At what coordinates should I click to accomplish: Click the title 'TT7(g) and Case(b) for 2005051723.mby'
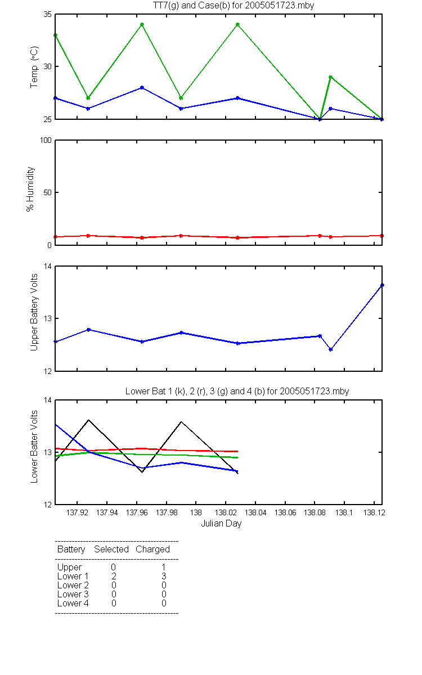coord(234,5)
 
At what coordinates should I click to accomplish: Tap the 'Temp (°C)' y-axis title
coord(34,67)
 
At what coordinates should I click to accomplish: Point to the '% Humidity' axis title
coord(30,189)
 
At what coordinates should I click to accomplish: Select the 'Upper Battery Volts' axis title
coord(34,312)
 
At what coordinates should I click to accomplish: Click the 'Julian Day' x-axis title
coord(221,524)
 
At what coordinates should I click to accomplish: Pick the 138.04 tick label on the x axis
coord(255,512)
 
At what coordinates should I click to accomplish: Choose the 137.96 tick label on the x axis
coord(137,512)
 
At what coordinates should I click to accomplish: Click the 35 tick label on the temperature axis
coord(48,15)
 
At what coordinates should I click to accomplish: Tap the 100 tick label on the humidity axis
coord(46,141)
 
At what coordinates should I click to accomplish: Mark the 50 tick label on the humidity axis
coord(48,192)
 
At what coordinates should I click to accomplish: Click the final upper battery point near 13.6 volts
coord(382,285)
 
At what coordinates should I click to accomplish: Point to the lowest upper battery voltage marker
coord(331,349)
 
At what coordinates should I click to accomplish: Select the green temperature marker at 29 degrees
coord(331,77)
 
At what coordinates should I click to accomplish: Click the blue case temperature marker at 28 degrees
coord(142,87)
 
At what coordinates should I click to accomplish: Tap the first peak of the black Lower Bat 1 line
coord(89,420)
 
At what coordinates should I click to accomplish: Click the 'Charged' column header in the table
coord(152,550)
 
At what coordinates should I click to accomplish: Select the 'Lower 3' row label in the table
coord(73,594)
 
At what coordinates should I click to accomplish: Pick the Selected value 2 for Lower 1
coord(114,576)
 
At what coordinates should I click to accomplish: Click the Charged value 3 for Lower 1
coord(164,576)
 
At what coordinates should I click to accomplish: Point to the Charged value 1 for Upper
coord(164,567)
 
